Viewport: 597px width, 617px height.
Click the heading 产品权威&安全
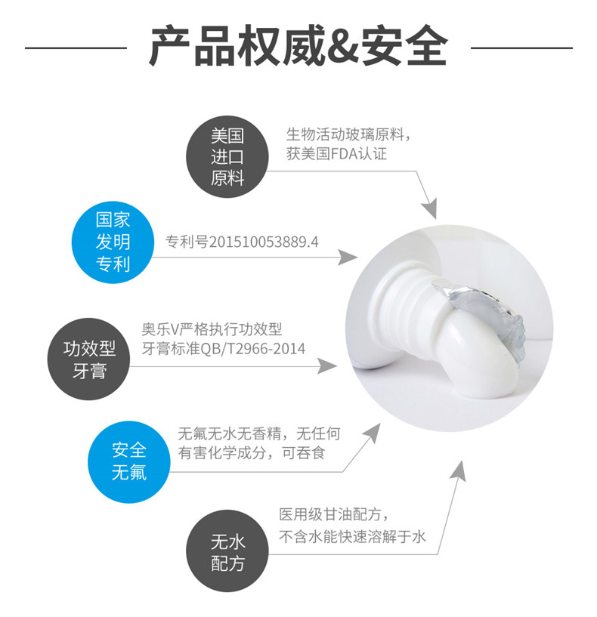[298, 46]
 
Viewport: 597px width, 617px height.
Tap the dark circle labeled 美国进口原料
[227, 156]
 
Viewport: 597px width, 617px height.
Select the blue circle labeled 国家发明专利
[113, 242]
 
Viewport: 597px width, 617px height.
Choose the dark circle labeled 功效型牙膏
[88, 359]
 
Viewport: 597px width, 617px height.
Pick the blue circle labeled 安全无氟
[128, 461]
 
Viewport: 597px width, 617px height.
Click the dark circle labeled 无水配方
[227, 551]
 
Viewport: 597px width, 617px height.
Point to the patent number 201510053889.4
[264, 242]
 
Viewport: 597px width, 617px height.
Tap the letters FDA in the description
[344, 153]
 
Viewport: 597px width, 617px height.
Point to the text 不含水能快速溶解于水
[352, 536]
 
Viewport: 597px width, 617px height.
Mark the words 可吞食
[304, 453]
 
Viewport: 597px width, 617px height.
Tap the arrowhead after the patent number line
[348, 258]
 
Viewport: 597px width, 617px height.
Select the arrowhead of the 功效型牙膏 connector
[327, 366]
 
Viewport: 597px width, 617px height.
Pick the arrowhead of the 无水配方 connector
[459, 470]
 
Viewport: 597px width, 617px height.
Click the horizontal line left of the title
[76, 48]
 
